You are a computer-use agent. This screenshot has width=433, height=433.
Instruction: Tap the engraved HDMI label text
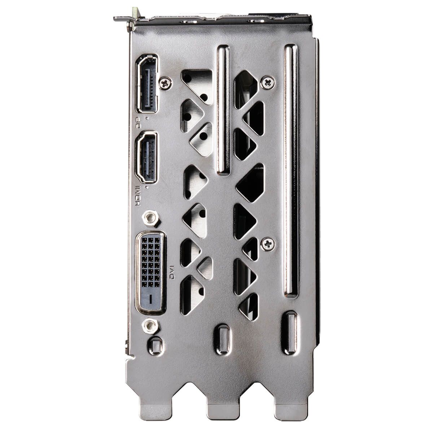click(137, 195)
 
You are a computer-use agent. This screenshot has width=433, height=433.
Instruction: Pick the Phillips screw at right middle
click(267, 244)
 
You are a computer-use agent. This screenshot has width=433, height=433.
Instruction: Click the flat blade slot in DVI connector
click(149, 299)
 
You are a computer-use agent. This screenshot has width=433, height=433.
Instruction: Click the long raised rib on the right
click(291, 171)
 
